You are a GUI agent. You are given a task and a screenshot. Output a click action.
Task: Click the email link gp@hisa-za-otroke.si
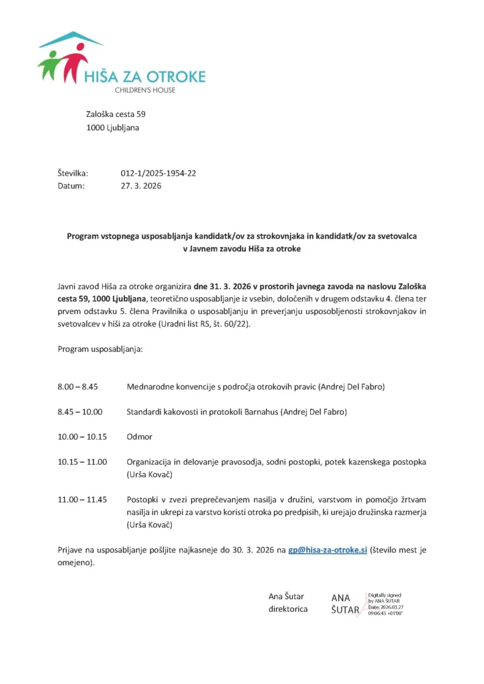(328, 550)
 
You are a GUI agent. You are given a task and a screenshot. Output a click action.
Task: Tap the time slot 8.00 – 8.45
(78, 387)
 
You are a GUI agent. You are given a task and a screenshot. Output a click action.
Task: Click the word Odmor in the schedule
(139, 437)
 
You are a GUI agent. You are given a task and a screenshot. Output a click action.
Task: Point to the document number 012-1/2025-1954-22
(158, 173)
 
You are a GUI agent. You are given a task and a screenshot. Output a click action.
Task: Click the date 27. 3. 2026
(140, 186)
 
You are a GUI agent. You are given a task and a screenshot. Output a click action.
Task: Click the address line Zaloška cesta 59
(116, 114)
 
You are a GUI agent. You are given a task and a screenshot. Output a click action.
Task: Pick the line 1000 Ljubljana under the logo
(112, 128)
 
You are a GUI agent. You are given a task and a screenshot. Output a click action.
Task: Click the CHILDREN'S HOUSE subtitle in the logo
(144, 90)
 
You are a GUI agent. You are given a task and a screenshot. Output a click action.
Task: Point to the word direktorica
(288, 609)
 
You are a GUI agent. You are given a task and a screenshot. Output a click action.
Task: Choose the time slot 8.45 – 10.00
(80, 412)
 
